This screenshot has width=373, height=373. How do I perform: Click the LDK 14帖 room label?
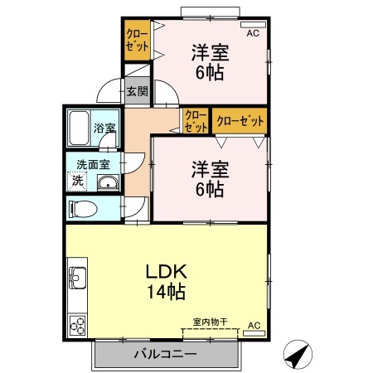pos(167,282)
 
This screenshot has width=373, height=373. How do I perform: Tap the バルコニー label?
pos(165,356)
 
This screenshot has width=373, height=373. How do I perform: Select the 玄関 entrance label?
pos(136,91)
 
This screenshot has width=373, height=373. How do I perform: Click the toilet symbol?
pos(82,207)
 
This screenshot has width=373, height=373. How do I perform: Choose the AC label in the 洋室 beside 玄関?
pos(254,33)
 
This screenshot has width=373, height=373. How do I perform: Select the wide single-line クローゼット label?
pos(240,122)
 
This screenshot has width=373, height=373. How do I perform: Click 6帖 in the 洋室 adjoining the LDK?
pos(210,189)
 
